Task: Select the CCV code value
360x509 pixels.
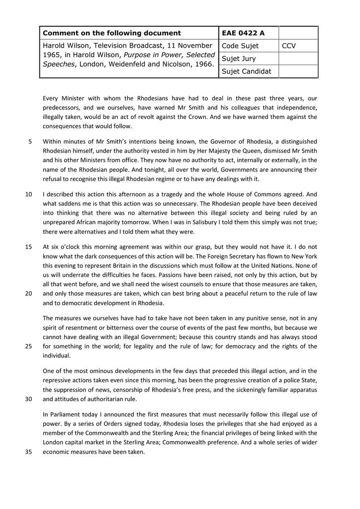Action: tap(289, 46)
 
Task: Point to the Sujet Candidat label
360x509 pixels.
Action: tap(247, 71)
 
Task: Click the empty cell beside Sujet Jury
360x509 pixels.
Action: tap(298, 59)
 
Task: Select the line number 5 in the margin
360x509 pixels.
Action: tap(30, 141)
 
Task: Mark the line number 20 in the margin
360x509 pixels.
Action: tap(28, 293)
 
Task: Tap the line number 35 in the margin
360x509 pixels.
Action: tap(28, 452)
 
